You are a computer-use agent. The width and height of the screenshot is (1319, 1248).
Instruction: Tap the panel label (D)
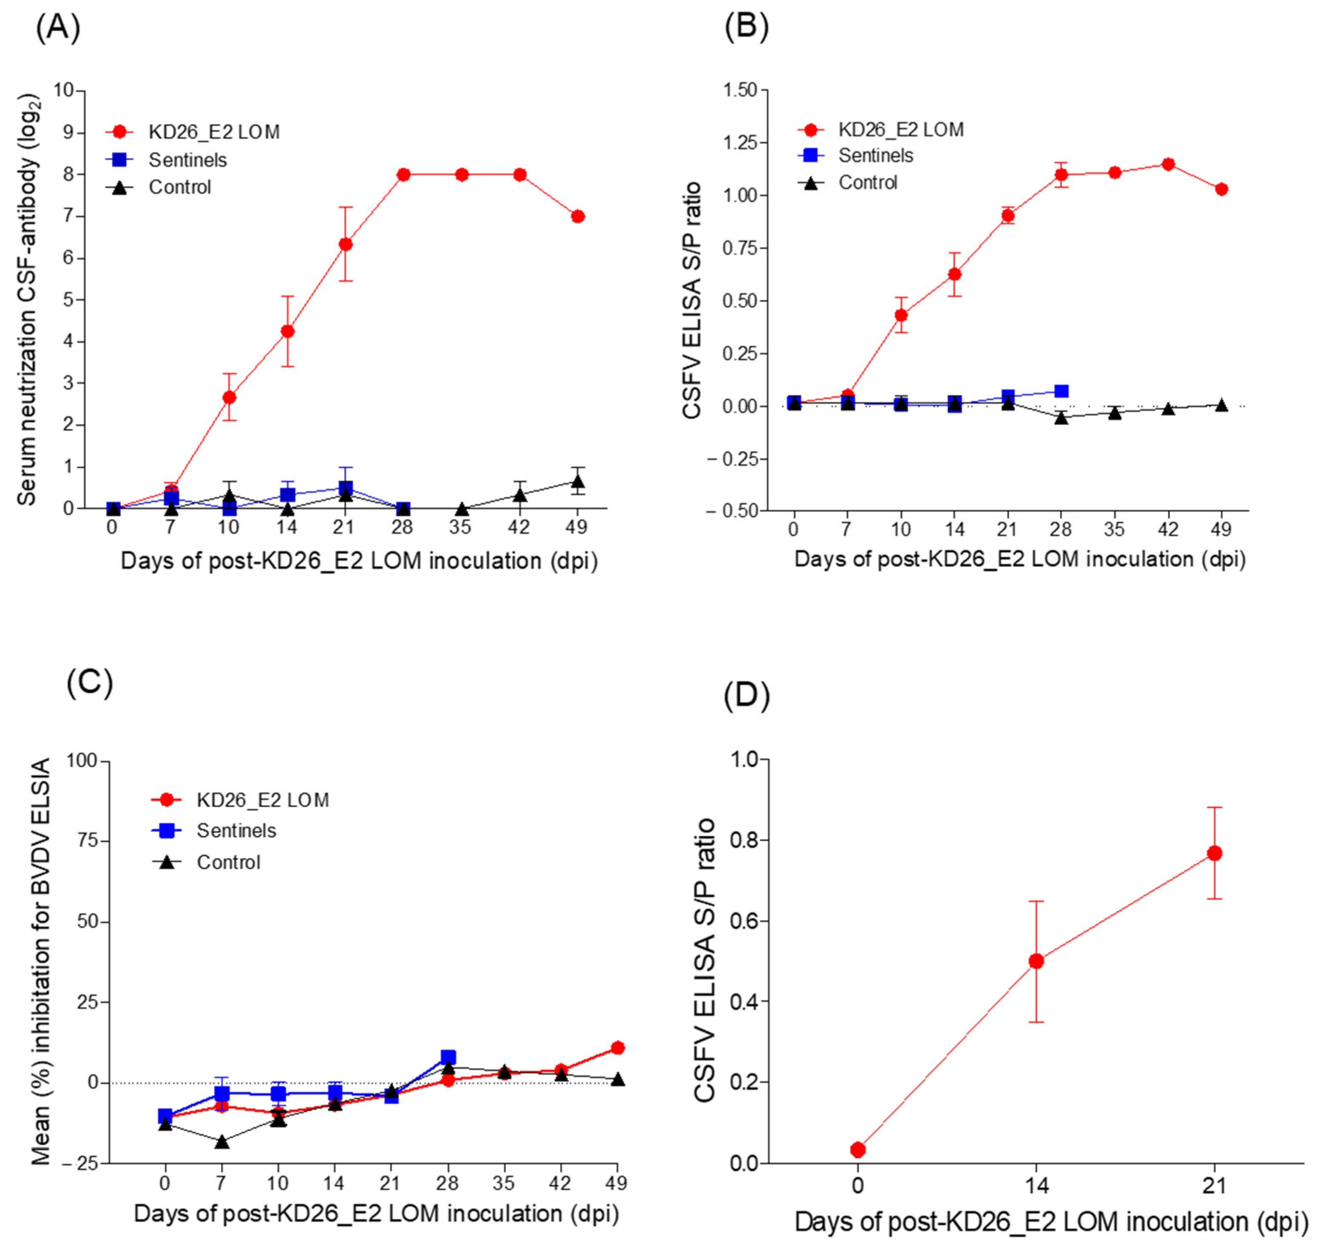click(x=746, y=695)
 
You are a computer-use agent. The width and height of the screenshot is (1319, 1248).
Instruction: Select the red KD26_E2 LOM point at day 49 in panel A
click(x=577, y=216)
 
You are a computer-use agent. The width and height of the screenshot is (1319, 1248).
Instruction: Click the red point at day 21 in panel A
click(x=345, y=244)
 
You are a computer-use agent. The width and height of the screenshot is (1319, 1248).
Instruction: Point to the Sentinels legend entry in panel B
click(x=875, y=155)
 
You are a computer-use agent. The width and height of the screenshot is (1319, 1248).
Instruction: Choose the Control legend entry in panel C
click(x=228, y=862)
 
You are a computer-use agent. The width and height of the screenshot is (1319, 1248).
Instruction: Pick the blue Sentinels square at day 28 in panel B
click(x=1061, y=391)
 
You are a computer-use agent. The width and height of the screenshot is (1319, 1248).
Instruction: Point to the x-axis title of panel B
click(x=1019, y=559)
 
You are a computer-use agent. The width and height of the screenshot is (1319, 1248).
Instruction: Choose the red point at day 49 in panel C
click(x=617, y=1048)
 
